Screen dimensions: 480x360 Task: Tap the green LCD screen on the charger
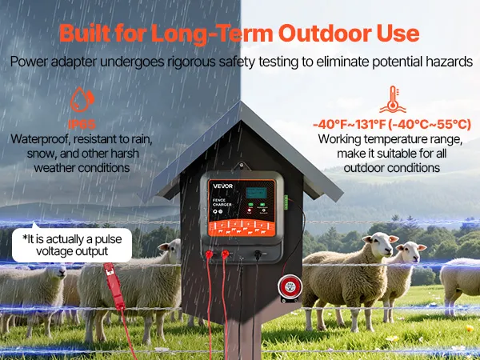coord(256,193)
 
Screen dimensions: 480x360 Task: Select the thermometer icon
coord(393,99)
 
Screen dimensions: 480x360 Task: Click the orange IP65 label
coord(82,124)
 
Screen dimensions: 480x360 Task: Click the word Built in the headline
coord(85,33)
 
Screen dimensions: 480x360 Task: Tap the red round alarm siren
coord(290,286)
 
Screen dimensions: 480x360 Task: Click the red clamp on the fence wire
coord(114,286)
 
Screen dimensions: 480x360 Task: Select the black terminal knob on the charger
coord(258,254)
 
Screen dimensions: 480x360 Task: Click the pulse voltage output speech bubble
coord(72,245)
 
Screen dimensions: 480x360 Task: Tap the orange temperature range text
coord(392,125)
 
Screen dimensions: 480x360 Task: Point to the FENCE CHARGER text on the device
coord(222,202)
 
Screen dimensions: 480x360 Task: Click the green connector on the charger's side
coord(286,202)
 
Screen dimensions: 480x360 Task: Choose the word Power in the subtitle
coord(29,62)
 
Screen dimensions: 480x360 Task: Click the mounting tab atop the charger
coord(242,166)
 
